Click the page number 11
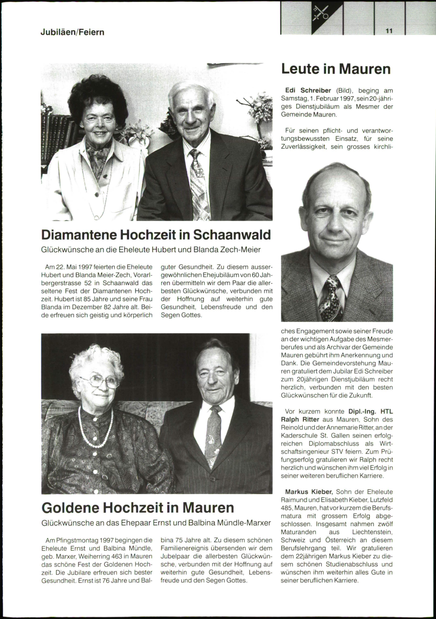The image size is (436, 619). tap(389, 31)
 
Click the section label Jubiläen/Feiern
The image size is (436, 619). tap(72, 32)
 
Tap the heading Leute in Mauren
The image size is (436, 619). tap(336, 69)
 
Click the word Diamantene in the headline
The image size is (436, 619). tap(80, 235)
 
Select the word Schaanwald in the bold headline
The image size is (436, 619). tap(231, 235)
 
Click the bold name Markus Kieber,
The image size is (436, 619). tap(308, 492)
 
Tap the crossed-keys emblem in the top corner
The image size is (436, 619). tap(321, 15)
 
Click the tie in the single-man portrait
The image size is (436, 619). tap(330, 298)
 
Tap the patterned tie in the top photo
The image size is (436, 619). tap(199, 185)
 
